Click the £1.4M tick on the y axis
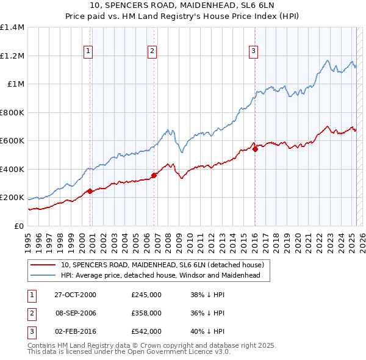point(12,27)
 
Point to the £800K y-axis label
point(12,112)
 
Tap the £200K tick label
point(12,198)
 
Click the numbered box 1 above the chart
point(89,52)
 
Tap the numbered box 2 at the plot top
point(152,52)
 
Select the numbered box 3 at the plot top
point(253,52)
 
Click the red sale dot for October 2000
point(90,191)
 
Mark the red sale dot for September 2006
point(154,175)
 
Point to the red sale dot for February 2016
point(255,149)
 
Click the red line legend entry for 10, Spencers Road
point(162,265)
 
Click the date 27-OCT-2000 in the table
point(76,295)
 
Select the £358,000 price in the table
point(146,313)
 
